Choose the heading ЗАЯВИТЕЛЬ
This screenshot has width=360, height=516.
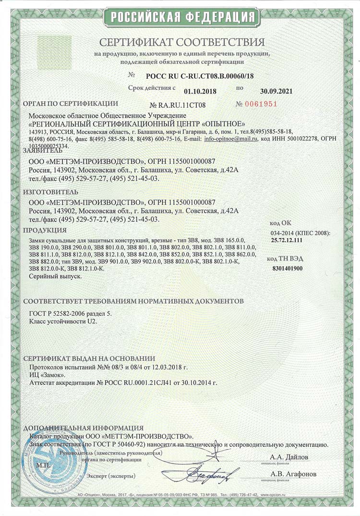tap(43, 150)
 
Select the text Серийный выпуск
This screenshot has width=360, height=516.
tap(55, 277)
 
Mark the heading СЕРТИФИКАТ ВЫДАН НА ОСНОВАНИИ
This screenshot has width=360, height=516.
tap(89, 358)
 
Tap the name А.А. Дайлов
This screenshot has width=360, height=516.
tap(289, 457)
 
